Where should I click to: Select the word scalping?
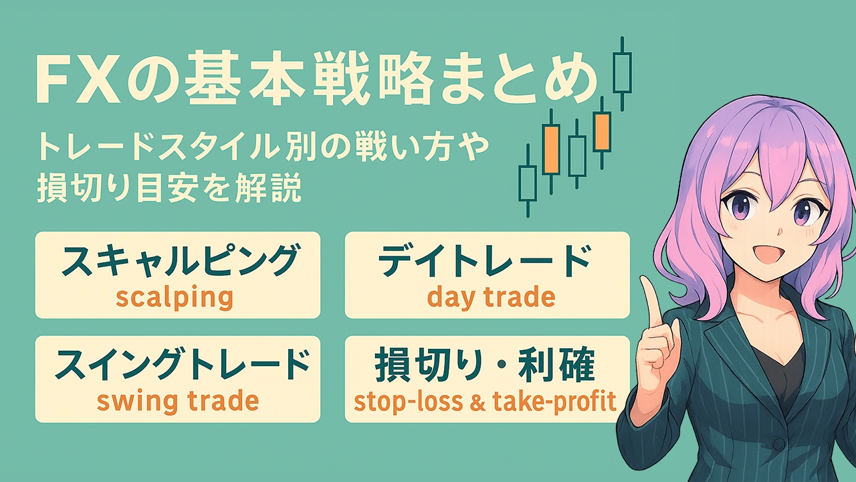pyautogui.click(x=175, y=297)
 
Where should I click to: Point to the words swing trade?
pyautogui.click(x=178, y=401)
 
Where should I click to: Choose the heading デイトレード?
pyautogui.click(x=484, y=260)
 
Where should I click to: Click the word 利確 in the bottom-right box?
pyautogui.click(x=556, y=364)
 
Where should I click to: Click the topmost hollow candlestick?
pyautogui.click(x=622, y=74)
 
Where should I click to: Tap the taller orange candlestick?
pyautogui.click(x=551, y=150)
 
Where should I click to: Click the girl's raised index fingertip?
pyautogui.click(x=647, y=283)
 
